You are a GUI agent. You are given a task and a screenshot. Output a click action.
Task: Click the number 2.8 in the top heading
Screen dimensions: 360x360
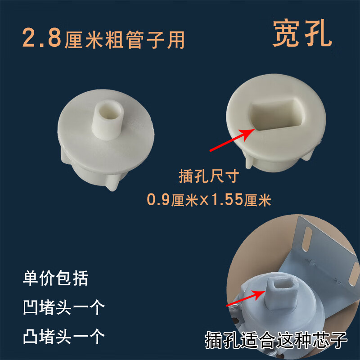43,40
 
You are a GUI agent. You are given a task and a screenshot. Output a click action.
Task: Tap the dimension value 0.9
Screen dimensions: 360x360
158,199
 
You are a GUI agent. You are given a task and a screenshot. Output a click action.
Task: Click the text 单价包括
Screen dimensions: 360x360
55,278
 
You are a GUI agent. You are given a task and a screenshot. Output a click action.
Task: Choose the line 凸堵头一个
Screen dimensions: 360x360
63,336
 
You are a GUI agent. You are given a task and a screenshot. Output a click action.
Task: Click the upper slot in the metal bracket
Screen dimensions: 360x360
308,238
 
